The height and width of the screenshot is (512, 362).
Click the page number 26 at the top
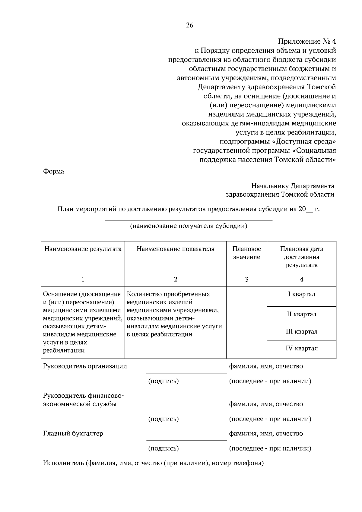[x=189, y=25]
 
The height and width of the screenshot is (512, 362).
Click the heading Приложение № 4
[x=306, y=41]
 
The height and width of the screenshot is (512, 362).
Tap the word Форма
[x=53, y=172]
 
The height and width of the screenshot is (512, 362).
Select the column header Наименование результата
[x=83, y=249]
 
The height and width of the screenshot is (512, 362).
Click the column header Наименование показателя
[x=176, y=249]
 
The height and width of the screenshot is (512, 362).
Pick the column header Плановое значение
[x=246, y=253]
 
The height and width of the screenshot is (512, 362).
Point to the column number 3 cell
[x=246, y=279]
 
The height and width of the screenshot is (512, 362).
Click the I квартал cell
[x=301, y=294]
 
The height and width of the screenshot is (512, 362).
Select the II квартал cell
[x=301, y=314]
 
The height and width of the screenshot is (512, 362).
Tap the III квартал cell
[x=301, y=332]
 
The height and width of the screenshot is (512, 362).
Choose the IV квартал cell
[x=301, y=349]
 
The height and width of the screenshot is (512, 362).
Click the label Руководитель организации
[x=85, y=366]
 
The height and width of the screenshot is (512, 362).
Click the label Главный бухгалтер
[x=73, y=434]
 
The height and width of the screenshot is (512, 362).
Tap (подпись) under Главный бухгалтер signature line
[x=164, y=448]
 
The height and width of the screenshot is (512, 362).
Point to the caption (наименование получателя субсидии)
[x=189, y=226]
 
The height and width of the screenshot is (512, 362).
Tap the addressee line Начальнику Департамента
[x=293, y=186]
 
